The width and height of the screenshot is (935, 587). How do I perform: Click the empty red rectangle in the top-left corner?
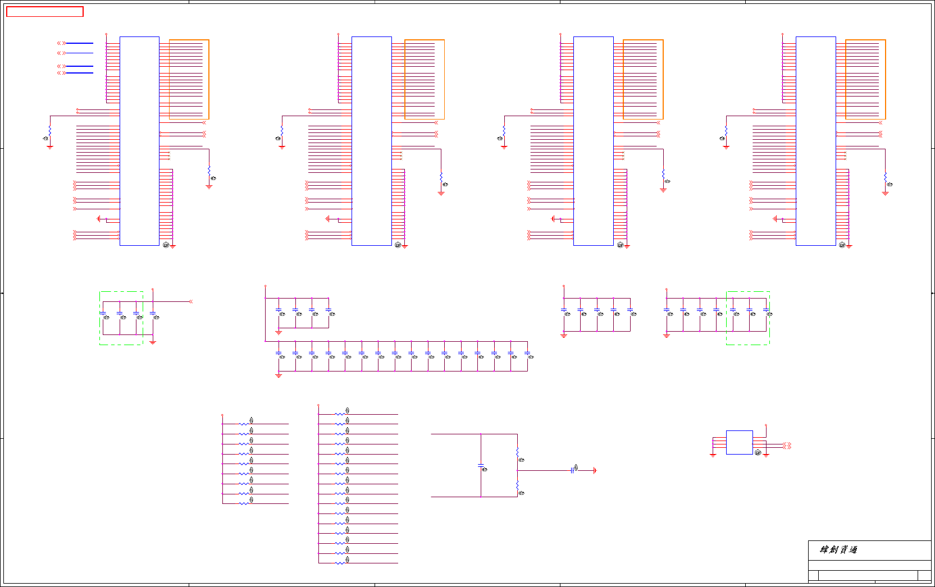tap(45, 12)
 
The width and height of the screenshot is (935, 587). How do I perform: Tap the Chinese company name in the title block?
tap(838, 549)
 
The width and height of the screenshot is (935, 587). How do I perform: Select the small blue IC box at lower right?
tap(739, 442)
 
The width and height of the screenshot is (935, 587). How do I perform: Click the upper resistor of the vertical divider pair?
tap(517, 453)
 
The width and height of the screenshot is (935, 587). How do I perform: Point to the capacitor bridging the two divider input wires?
tap(481, 465)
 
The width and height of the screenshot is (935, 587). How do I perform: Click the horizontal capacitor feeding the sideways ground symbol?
tap(572, 470)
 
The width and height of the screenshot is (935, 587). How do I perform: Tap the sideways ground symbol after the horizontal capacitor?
tap(595, 470)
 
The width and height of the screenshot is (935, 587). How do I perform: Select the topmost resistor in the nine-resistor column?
tap(244, 424)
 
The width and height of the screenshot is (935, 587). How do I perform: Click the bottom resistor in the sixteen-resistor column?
tap(340, 563)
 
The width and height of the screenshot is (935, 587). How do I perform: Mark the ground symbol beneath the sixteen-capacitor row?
tap(279, 375)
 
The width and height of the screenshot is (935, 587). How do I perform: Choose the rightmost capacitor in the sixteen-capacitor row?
tap(527, 354)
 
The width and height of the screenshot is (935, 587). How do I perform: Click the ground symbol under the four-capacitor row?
tap(279, 333)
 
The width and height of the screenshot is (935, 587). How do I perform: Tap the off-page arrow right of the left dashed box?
tap(191, 301)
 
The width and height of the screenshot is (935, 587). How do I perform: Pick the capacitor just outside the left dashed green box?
tap(153, 313)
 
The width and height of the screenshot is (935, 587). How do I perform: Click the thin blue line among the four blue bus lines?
tap(79, 53)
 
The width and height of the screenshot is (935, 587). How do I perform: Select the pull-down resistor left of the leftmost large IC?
tap(50, 130)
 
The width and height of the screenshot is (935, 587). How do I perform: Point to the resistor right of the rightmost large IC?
tap(885, 177)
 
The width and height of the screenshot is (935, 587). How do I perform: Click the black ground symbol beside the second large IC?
tap(327, 219)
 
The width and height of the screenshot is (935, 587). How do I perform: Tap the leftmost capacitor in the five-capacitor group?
tap(564, 310)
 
